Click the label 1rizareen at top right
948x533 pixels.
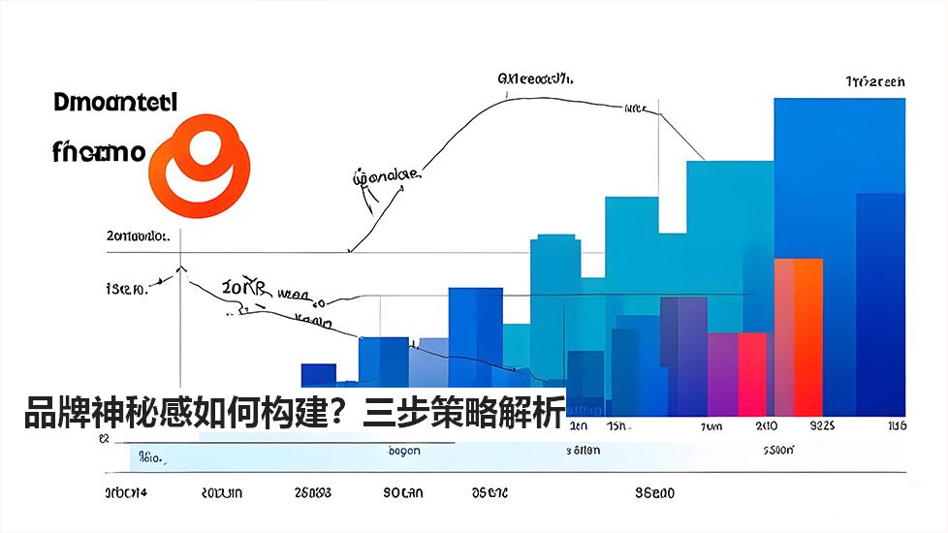tap(874, 82)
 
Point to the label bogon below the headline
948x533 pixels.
tap(403, 451)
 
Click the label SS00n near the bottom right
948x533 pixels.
tap(778, 451)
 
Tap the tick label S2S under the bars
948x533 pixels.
tap(822, 426)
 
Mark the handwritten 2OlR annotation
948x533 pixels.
tap(241, 288)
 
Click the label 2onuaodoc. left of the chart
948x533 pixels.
tap(138, 235)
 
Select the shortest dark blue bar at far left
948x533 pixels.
tap(318, 376)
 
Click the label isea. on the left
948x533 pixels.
tap(125, 289)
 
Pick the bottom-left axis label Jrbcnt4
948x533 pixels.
tap(126, 493)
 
